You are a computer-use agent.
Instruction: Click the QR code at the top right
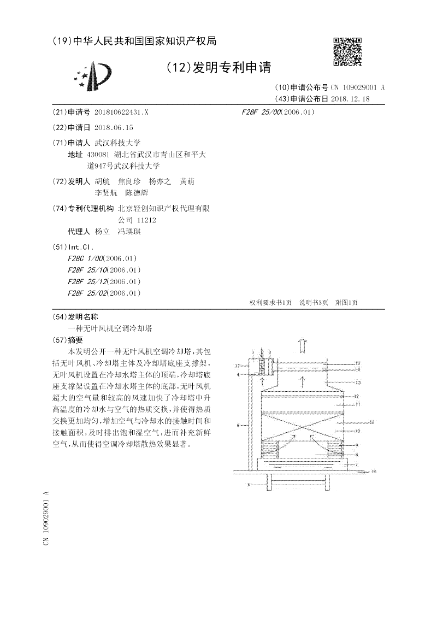pos(347,51)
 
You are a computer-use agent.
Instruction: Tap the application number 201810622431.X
pos(121,111)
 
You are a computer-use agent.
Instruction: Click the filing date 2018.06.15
pos(114,127)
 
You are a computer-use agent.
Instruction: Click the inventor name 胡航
pos(102,181)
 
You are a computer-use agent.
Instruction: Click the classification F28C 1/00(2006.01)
pos(102,258)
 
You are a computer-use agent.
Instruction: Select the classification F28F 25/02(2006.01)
pos(104,293)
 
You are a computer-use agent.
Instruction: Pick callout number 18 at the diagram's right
pos(374,471)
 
